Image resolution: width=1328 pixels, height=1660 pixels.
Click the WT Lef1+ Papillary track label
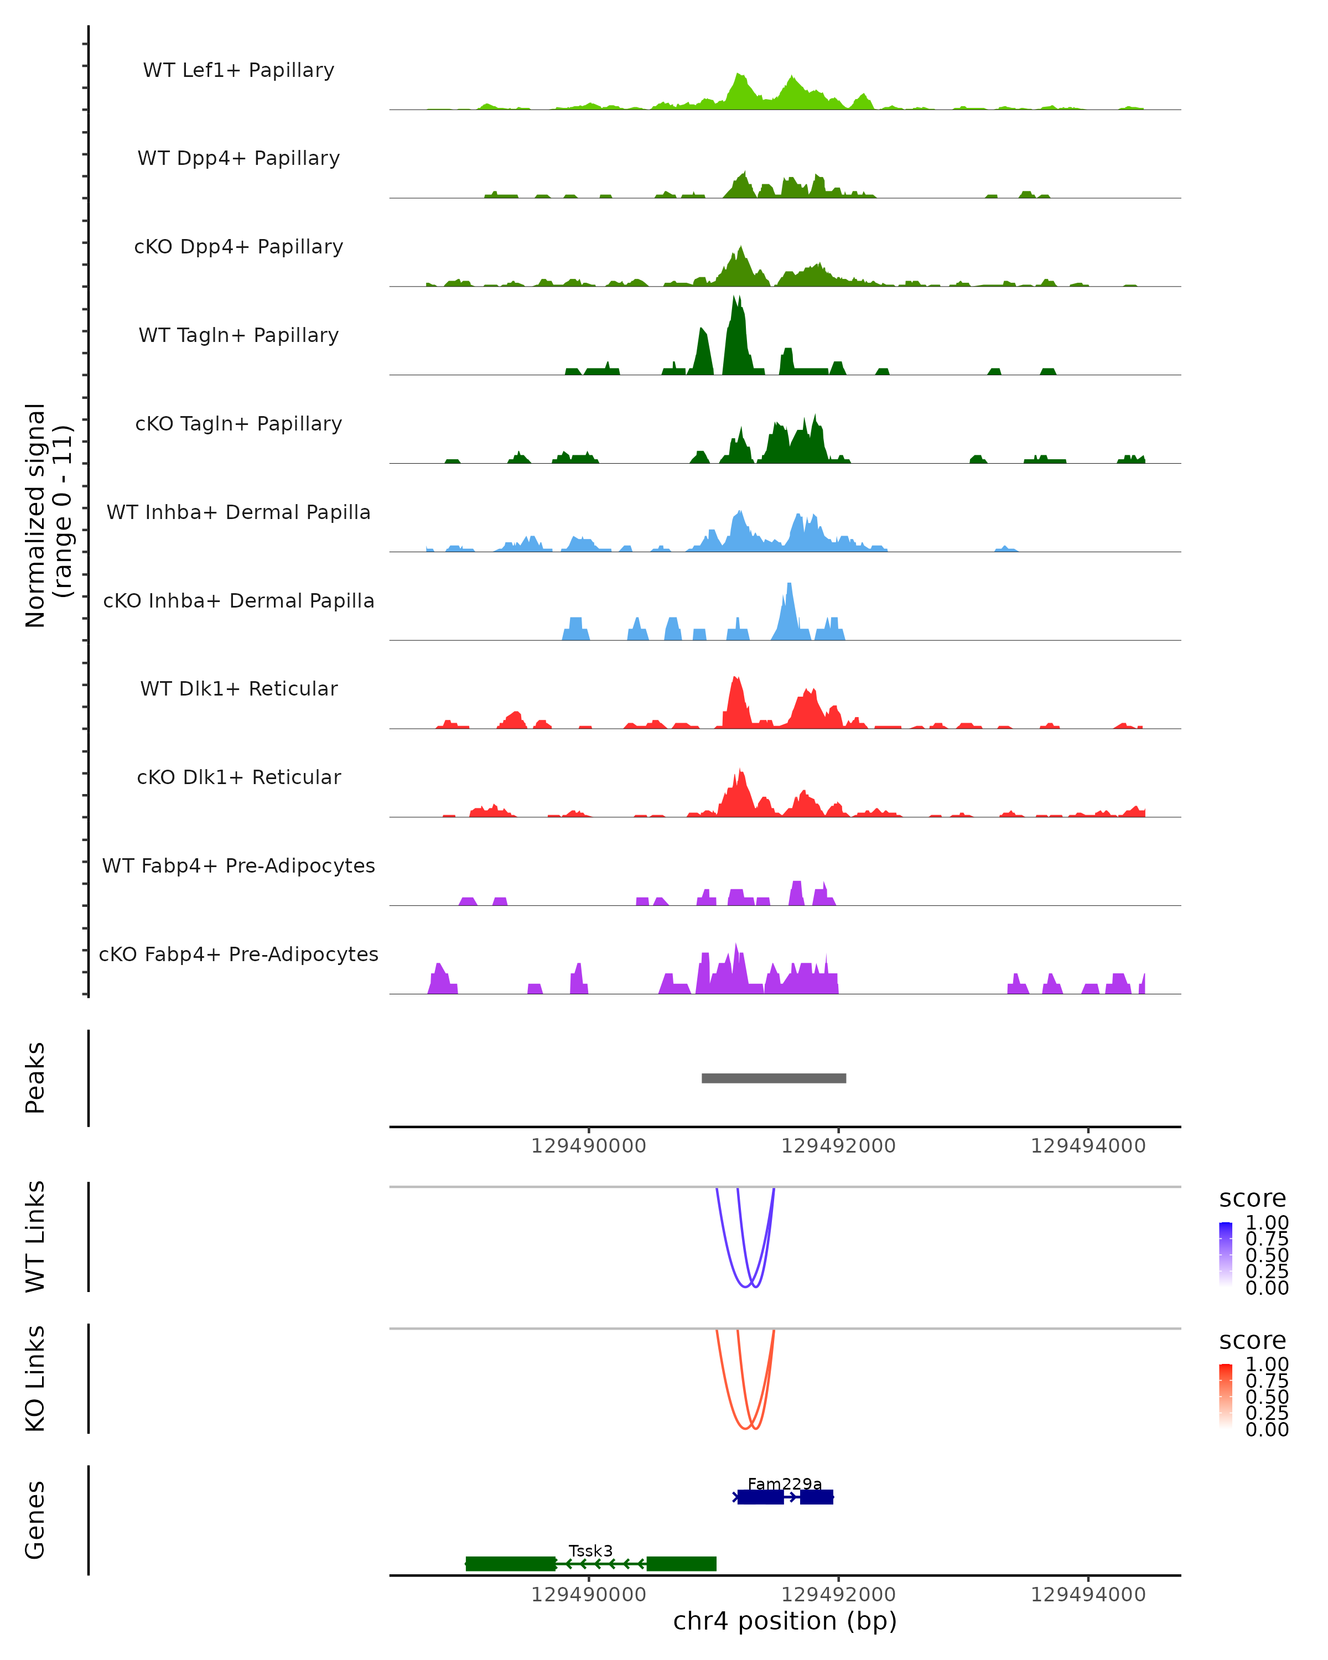click(238, 70)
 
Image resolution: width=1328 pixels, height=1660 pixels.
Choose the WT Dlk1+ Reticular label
click(238, 689)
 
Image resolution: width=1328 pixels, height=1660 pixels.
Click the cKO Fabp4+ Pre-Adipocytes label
click(238, 954)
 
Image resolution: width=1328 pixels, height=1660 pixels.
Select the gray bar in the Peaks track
click(774, 1078)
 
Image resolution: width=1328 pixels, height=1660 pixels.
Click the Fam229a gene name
click(785, 1483)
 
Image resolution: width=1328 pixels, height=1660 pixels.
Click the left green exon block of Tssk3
click(510, 1564)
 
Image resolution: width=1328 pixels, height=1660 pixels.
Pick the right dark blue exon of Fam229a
click(816, 1497)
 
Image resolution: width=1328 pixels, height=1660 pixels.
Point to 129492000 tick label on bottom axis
click(838, 1595)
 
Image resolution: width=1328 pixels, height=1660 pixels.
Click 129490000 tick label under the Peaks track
click(589, 1147)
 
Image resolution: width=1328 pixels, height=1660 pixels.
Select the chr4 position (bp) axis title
click(785, 1621)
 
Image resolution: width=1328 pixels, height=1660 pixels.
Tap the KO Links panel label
click(35, 1379)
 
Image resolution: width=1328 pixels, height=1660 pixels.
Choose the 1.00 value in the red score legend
click(1267, 1365)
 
